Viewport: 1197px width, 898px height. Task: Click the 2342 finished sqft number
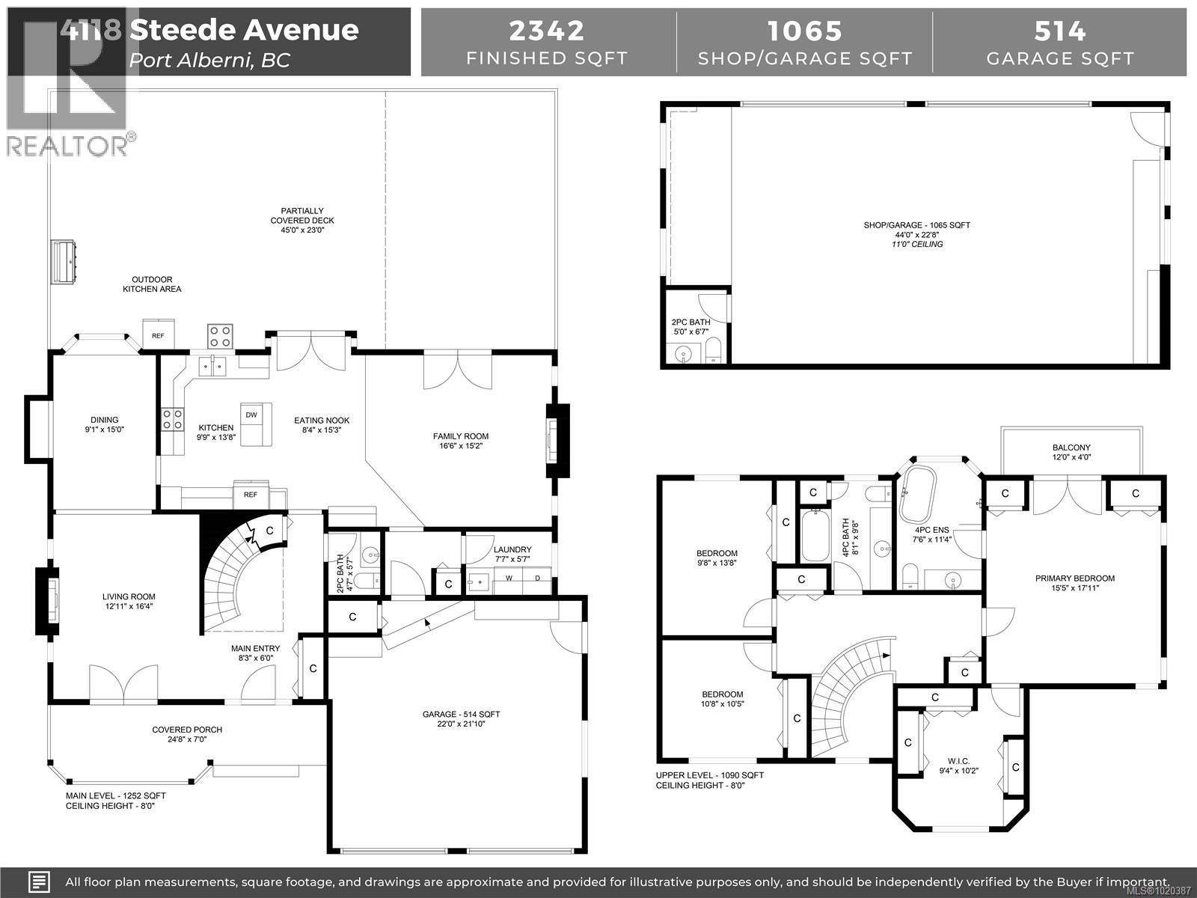click(x=547, y=31)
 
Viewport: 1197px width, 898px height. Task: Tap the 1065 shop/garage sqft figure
click(x=805, y=31)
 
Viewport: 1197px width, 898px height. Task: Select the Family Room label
click(x=460, y=441)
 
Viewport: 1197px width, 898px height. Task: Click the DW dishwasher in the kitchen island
click(x=251, y=415)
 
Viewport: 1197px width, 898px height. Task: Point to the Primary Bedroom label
click(x=1074, y=583)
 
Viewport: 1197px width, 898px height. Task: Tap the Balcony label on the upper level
click(x=1071, y=452)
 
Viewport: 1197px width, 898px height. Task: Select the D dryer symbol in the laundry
click(x=537, y=578)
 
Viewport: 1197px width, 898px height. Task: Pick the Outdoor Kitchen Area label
click(x=152, y=284)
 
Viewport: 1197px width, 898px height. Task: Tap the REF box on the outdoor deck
click(x=158, y=335)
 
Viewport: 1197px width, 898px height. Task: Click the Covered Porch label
click(x=187, y=734)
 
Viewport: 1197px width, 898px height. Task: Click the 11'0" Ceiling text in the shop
click(x=916, y=244)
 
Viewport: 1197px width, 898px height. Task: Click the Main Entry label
click(x=256, y=653)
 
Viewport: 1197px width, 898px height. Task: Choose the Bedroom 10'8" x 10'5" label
click(x=722, y=698)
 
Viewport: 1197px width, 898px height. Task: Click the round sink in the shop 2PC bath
click(x=682, y=354)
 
